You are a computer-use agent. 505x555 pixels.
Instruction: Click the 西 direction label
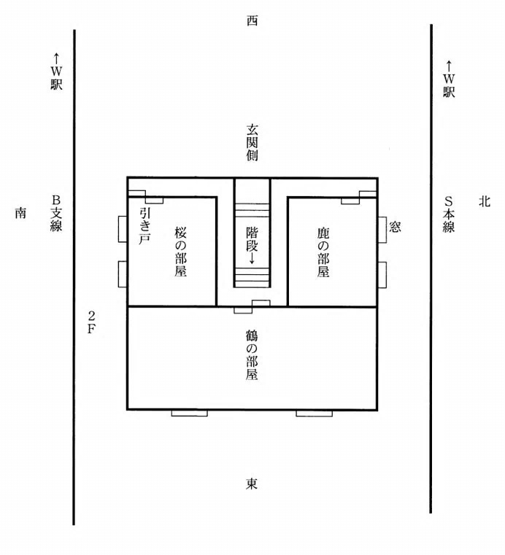pyautogui.click(x=252, y=21)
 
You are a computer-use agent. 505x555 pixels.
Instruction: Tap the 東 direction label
pyautogui.click(x=252, y=484)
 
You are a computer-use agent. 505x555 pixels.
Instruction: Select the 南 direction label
pyautogui.click(x=20, y=213)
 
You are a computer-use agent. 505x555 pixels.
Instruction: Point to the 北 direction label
pyautogui.click(x=485, y=202)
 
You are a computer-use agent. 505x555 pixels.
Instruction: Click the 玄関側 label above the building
pyautogui.click(x=252, y=142)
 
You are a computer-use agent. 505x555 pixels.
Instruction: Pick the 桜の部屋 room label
pyautogui.click(x=180, y=252)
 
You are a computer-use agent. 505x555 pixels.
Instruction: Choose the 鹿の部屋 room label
pyautogui.click(x=323, y=252)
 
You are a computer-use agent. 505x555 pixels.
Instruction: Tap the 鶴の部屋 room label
pyautogui.click(x=252, y=355)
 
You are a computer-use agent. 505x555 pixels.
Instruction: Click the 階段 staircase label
pyautogui.click(x=252, y=239)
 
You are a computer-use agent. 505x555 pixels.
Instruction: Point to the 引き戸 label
pyautogui.click(x=144, y=226)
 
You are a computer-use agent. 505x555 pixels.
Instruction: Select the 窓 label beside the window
pyautogui.click(x=396, y=227)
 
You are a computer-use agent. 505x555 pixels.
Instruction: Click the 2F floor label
pyautogui.click(x=91, y=322)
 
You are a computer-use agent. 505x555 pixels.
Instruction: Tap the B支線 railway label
pyautogui.click(x=56, y=213)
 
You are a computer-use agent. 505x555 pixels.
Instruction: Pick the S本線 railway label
pyautogui.click(x=449, y=214)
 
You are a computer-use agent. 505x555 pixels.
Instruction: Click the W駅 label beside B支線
pyautogui.click(x=56, y=72)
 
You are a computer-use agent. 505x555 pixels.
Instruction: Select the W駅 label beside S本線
pyautogui.click(x=449, y=79)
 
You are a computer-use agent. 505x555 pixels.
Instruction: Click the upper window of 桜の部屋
pyautogui.click(x=123, y=229)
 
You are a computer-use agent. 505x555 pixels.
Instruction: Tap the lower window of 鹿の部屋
pyautogui.click(x=382, y=275)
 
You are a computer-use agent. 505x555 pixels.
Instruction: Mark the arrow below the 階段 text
pyautogui.click(x=252, y=258)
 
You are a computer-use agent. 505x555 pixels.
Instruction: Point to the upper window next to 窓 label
pyautogui.click(x=382, y=230)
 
